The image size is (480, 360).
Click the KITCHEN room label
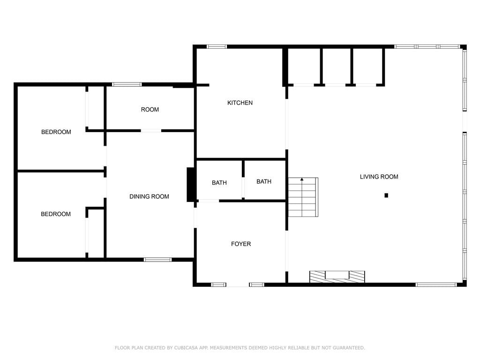pyautogui.click(x=240, y=103)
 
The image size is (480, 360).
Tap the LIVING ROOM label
pyautogui.click(x=379, y=177)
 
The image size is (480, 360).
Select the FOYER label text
pyautogui.click(x=241, y=244)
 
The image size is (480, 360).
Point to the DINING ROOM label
pyautogui.click(x=149, y=196)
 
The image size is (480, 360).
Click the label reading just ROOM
pyautogui.click(x=150, y=110)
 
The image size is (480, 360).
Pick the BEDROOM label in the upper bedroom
pyautogui.click(x=56, y=132)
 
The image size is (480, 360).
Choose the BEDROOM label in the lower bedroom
pyautogui.click(x=56, y=214)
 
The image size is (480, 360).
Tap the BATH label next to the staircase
pyautogui.click(x=264, y=181)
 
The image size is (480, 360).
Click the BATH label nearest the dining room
pyautogui.click(x=219, y=183)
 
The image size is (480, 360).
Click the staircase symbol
pyautogui.click(x=303, y=197)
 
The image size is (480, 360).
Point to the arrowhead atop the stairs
pyautogui.click(x=302, y=179)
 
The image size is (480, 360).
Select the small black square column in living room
pyautogui.click(x=386, y=195)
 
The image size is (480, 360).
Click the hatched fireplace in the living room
pyautogui.click(x=337, y=277)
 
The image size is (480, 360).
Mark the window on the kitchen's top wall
pyautogui.click(x=217, y=47)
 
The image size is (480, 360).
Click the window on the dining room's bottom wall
pyautogui.click(x=157, y=260)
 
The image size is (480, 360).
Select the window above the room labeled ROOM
pyautogui.click(x=127, y=84)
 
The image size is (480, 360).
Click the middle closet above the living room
pyautogui.click(x=337, y=67)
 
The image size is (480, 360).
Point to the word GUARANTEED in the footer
pyautogui.click(x=349, y=348)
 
